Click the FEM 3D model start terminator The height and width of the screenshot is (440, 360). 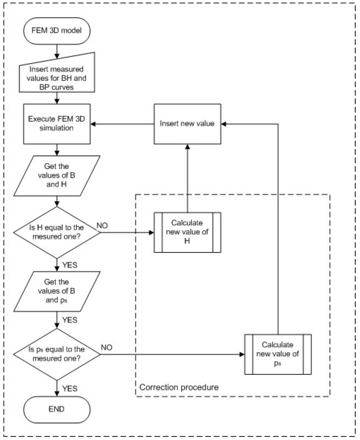[57, 31]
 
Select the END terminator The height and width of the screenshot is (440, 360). [57, 409]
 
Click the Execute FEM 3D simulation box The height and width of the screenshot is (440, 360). [57, 124]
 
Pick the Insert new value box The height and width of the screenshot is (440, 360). [188, 124]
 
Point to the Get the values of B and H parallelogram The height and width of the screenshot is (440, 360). [57, 176]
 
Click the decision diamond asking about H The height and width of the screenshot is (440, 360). [57, 232]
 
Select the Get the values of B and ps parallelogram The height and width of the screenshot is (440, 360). [57, 291]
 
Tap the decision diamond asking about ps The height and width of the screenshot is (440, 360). [57, 354]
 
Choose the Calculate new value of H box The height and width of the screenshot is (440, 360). [188, 232]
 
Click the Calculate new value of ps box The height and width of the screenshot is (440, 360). [278, 354]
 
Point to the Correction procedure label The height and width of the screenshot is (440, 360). [179, 387]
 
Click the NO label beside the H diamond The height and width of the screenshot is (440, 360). [102, 226]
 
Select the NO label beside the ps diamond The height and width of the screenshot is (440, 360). [107, 347]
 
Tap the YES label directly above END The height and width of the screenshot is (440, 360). [69, 389]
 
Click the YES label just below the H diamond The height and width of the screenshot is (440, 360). [69, 265]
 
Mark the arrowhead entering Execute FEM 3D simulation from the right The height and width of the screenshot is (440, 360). [93, 124]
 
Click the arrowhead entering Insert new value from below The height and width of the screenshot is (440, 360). [188, 147]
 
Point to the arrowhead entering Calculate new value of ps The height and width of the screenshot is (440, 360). [242, 354]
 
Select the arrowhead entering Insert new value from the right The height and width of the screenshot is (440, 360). [223, 124]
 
